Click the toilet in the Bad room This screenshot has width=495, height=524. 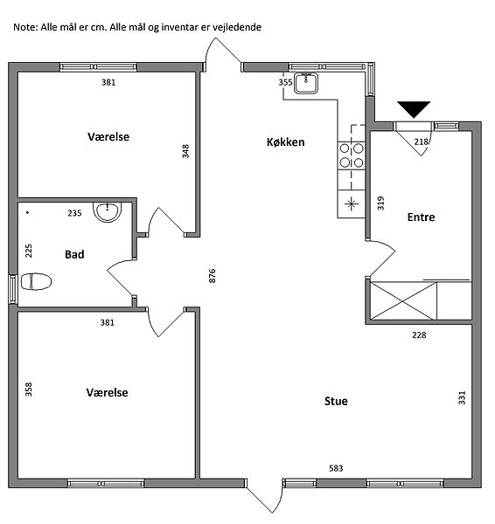pos(36,281)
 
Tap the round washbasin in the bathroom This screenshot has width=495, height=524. pos(107,212)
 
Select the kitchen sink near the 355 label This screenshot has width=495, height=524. pos(306,83)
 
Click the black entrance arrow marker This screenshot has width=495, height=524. pos(414,109)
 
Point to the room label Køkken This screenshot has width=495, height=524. pos(285,142)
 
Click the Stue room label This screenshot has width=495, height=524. pos(336,401)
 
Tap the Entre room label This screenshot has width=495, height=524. pos(421,217)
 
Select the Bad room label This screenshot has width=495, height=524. pos(74,255)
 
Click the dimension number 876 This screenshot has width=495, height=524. pos(213,276)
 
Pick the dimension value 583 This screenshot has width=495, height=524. pos(336,468)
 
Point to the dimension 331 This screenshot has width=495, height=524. pos(462,397)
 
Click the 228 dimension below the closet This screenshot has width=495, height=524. pos(419,334)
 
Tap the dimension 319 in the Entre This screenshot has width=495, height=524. pos(381,203)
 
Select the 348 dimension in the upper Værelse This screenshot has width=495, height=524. pos(185,151)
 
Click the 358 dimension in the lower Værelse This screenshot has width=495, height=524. pos(29,390)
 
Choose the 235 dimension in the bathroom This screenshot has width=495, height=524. pos(74,213)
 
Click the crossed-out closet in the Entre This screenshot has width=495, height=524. pos(404,300)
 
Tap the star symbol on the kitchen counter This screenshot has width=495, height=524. pos(351,203)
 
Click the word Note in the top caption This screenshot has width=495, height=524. pos(24,27)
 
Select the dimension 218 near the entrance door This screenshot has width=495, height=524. pos(421,142)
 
